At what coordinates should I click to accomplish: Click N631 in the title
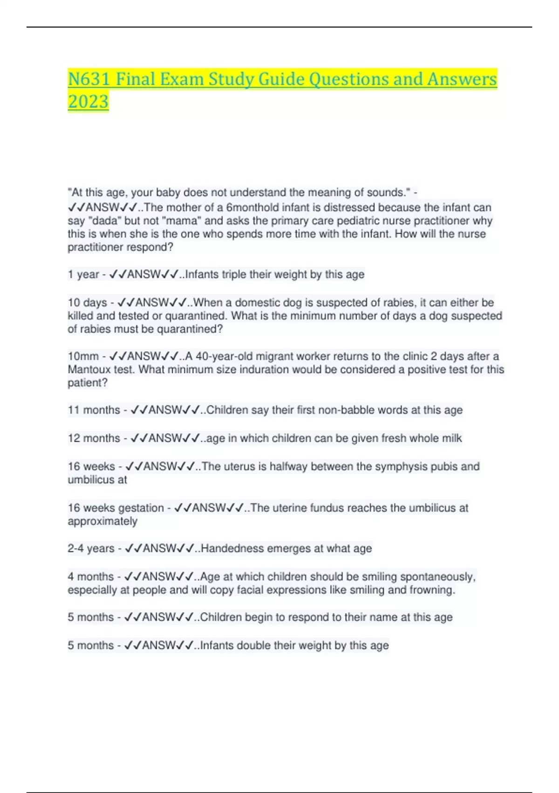point(89,79)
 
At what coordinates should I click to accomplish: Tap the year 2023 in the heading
point(88,102)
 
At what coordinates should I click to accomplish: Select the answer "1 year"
point(83,274)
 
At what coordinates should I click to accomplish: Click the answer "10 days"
point(87,302)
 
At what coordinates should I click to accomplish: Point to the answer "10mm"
point(83,356)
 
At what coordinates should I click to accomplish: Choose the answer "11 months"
point(94,410)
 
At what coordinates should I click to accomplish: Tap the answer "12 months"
point(94,438)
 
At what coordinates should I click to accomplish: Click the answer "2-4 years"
point(91,549)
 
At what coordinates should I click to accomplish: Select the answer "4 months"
point(90,577)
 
